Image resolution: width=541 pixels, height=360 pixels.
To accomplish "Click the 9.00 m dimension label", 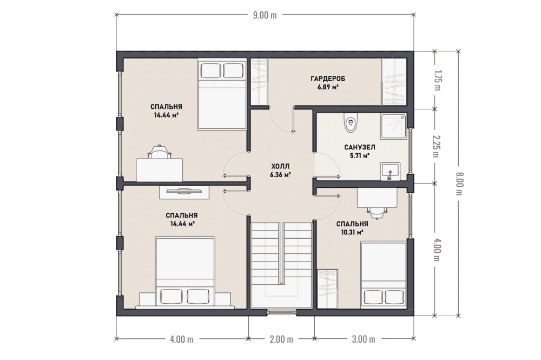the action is (x=265, y=15).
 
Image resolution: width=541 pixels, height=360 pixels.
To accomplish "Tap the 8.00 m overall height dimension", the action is (x=459, y=184).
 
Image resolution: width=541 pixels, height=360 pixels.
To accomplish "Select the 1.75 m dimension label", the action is (x=437, y=80).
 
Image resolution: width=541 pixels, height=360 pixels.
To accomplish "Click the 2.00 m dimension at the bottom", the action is (x=281, y=339).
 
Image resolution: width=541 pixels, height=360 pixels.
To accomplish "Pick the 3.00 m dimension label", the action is (x=364, y=339).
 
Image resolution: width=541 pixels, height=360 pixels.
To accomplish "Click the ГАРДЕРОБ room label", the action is (x=328, y=78).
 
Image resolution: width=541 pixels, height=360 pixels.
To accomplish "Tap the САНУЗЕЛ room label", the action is (x=360, y=147).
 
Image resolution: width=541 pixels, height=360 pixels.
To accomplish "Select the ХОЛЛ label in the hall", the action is (x=280, y=166).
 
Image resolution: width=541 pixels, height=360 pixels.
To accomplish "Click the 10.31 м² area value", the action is (x=352, y=233).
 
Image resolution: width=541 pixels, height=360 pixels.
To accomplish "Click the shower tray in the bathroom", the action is (x=394, y=126).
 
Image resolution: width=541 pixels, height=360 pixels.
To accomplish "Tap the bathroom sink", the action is (x=391, y=172).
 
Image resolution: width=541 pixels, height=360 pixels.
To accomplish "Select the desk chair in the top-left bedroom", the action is (x=160, y=152).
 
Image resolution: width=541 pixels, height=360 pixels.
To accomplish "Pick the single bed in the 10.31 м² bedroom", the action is (x=384, y=275).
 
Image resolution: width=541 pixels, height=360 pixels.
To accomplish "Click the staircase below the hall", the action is (x=281, y=265).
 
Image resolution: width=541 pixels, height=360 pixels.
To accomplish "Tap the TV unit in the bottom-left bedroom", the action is (x=184, y=192).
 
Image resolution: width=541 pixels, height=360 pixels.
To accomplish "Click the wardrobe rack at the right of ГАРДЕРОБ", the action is (x=394, y=82).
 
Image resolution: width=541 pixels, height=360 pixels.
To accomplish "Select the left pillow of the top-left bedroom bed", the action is (x=210, y=70).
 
